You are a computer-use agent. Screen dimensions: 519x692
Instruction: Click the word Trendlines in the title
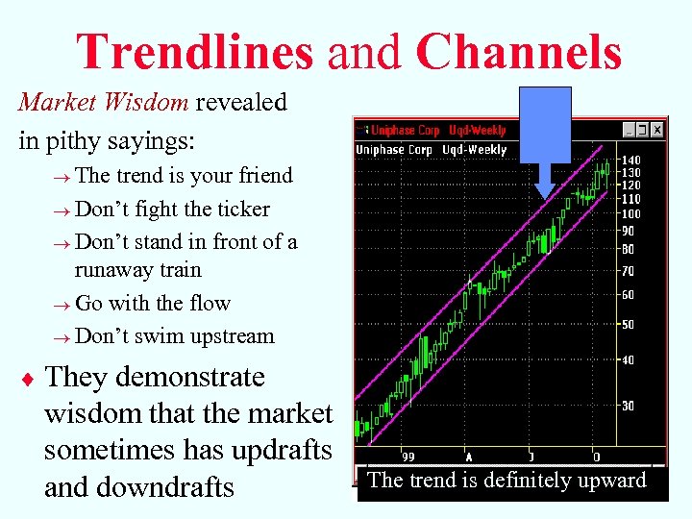pyautogui.click(x=195, y=52)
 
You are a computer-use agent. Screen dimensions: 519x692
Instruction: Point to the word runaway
pyautogui.click(x=114, y=270)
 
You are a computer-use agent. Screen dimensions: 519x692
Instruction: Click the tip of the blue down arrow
pyautogui.click(x=545, y=197)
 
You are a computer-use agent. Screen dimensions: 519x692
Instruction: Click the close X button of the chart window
pyautogui.click(x=657, y=130)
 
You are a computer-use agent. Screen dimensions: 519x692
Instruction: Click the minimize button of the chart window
pyautogui.click(x=628, y=130)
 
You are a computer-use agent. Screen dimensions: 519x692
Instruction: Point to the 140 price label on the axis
pyautogui.click(x=630, y=161)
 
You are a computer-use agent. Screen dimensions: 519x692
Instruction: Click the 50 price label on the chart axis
pyautogui.click(x=627, y=325)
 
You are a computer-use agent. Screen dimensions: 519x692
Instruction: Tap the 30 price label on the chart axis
pyautogui.click(x=627, y=406)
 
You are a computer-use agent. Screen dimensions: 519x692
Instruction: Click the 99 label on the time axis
pyautogui.click(x=409, y=457)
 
